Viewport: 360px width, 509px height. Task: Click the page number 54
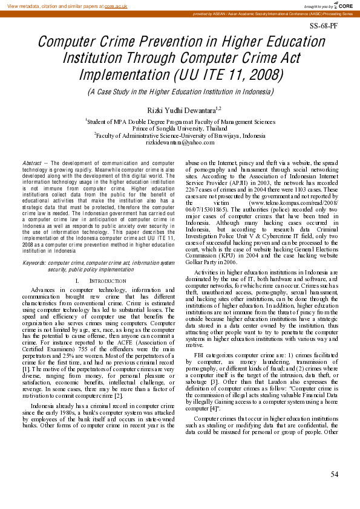(x=334, y=473)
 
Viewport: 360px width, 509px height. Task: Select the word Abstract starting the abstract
(x=31, y=163)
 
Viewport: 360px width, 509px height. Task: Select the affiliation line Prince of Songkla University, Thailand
(x=180, y=128)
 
